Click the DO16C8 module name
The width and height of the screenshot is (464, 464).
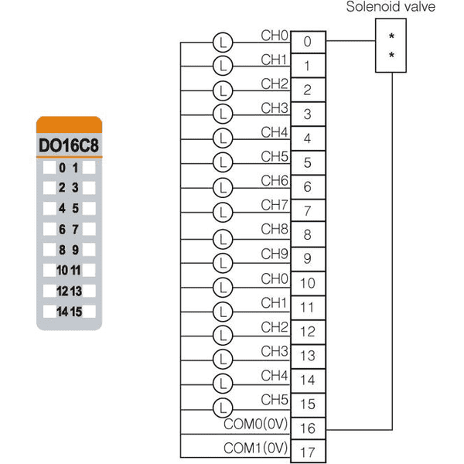[69, 145]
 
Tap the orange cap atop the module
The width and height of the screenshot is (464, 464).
[70, 125]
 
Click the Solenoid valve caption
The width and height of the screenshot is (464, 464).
[391, 7]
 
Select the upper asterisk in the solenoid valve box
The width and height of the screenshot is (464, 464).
[391, 36]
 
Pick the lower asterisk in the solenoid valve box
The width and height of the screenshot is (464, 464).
[391, 55]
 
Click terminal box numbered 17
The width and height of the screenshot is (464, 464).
[308, 452]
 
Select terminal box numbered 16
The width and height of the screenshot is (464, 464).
[308, 428]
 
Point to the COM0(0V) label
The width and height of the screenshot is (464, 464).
[256, 424]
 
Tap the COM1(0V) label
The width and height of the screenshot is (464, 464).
[256, 448]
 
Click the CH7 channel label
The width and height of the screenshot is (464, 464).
[275, 205]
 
